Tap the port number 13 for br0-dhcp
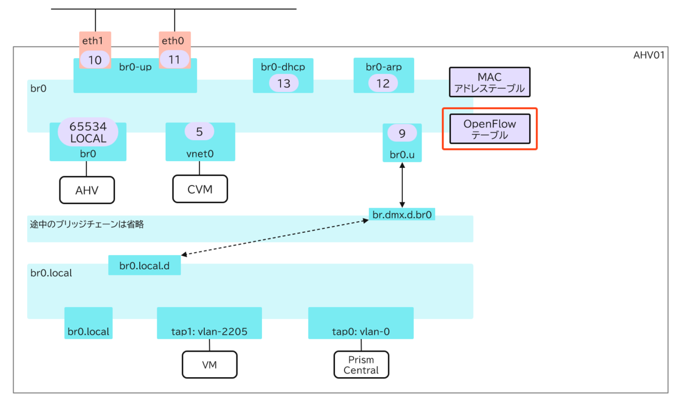coord(283,84)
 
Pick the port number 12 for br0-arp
coord(383,84)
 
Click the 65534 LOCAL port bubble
coord(88,132)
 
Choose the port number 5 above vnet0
coord(199,132)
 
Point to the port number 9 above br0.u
coord(402,133)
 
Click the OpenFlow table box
coord(489,129)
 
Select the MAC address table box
coord(489,83)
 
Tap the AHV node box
coord(87,189)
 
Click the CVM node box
coord(200,189)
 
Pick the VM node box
coord(209,365)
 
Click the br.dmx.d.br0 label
coord(402,215)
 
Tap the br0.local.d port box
coord(144,265)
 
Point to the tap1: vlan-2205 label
coord(209,331)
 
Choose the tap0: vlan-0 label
coord(361,331)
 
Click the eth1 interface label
coord(95,41)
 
